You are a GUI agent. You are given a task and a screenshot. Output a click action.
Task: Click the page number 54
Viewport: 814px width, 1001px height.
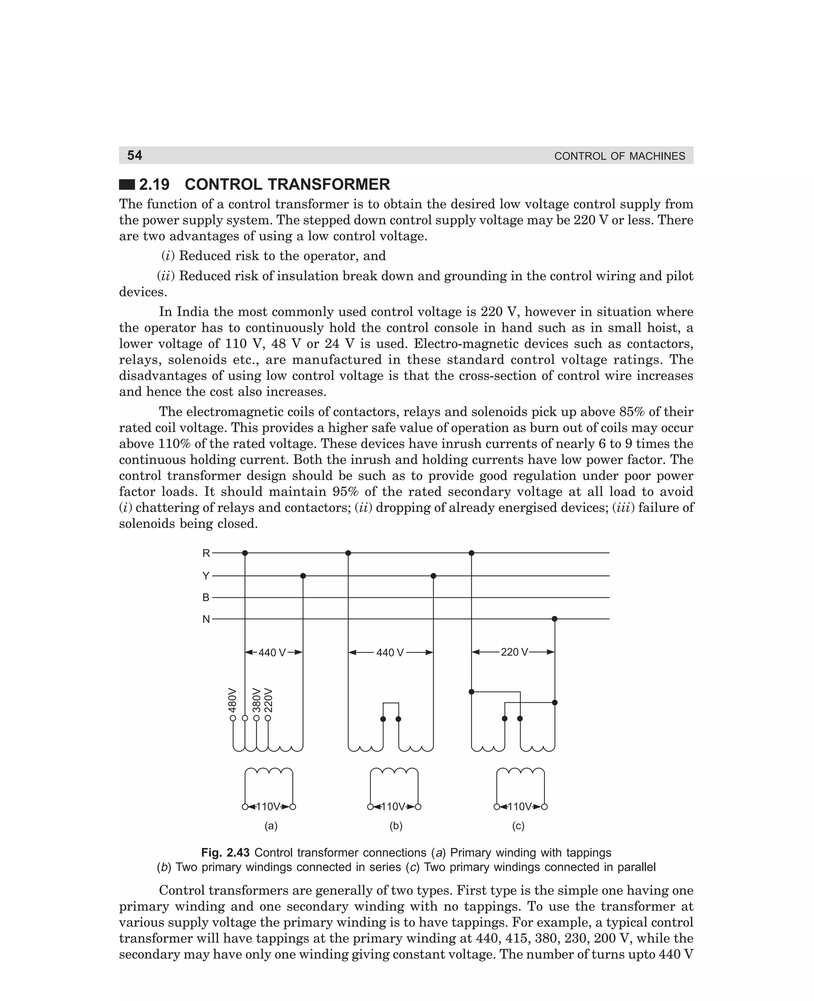135,155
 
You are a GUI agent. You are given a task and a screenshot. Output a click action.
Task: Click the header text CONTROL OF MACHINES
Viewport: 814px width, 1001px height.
619,156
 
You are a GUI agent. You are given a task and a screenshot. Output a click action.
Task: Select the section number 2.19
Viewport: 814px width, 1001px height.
154,185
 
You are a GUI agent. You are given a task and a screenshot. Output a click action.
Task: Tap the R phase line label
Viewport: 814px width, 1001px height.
206,553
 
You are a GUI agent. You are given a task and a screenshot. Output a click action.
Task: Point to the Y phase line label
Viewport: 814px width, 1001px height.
206,576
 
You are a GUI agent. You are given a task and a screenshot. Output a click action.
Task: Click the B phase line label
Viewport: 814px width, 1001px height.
206,598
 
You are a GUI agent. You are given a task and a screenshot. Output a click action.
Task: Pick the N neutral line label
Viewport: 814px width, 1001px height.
206,619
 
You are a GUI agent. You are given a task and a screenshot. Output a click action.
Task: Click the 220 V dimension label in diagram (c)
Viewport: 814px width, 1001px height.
514,652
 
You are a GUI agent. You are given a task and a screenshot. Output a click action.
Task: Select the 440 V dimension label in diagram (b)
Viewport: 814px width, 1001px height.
390,653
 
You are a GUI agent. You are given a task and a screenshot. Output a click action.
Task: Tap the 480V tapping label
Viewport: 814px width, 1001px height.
232,700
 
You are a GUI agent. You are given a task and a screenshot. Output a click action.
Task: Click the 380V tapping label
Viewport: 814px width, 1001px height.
256,700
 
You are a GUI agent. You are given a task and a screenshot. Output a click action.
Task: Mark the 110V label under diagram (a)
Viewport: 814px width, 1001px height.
269,807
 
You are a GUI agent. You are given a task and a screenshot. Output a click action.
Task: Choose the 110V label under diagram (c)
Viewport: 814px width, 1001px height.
520,807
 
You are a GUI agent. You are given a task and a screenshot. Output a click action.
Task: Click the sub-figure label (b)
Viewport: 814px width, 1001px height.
396,826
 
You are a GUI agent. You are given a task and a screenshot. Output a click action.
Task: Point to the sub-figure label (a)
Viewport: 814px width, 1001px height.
271,826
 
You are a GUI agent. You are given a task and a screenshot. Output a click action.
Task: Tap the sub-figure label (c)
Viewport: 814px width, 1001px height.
518,826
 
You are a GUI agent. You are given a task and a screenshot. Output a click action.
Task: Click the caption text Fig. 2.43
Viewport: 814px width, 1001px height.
225,853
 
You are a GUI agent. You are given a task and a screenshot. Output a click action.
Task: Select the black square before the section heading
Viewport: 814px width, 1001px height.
127,185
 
